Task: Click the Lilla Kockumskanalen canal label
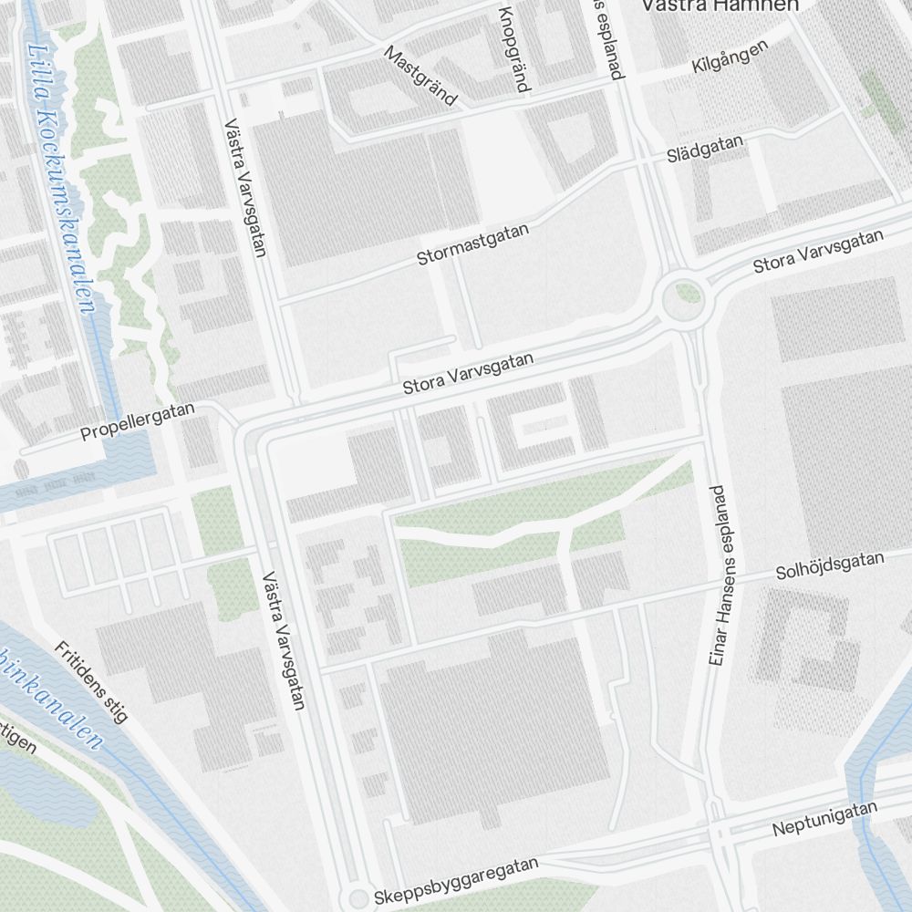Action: [x=61, y=178]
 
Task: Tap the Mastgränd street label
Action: [x=420, y=77]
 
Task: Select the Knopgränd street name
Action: [x=513, y=49]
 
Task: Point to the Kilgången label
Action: [x=730, y=58]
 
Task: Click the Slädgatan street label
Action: [x=704, y=152]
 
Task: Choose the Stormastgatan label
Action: [x=472, y=244]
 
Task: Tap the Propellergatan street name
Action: [x=137, y=421]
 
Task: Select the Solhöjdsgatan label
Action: [x=829, y=565]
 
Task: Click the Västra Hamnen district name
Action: [x=719, y=5]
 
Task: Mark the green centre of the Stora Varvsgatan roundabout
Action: [x=688, y=295]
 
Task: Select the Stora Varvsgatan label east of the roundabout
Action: [x=818, y=251]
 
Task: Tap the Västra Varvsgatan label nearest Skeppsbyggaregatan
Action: [x=283, y=640]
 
